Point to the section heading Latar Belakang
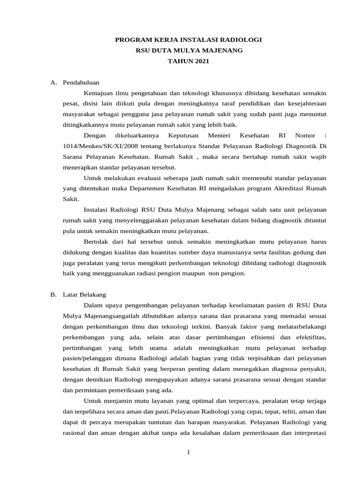(x=84, y=295)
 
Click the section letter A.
(x=53, y=82)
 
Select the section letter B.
(x=53, y=295)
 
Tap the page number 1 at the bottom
(x=188, y=452)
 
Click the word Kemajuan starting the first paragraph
(x=99, y=93)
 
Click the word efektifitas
(x=308, y=337)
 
